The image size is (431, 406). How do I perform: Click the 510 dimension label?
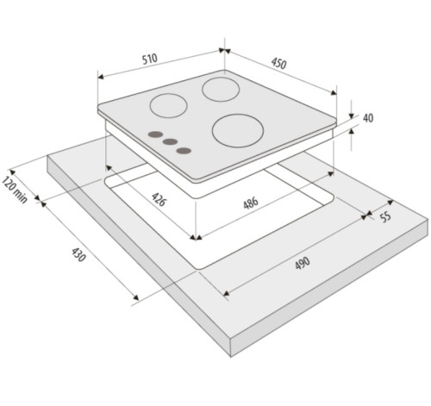[x=150, y=59]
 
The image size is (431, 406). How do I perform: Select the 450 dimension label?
[x=278, y=64]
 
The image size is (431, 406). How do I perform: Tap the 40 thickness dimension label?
[x=368, y=118]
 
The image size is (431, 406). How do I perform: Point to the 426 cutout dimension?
[x=159, y=199]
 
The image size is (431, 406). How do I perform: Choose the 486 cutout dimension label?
[x=251, y=203]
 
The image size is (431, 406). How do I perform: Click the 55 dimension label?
[x=385, y=216]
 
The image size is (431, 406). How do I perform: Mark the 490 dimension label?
[x=303, y=263]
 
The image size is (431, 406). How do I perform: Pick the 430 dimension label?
[x=78, y=254]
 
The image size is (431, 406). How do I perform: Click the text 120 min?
[x=15, y=190]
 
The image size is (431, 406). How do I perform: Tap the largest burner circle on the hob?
[x=238, y=131]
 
